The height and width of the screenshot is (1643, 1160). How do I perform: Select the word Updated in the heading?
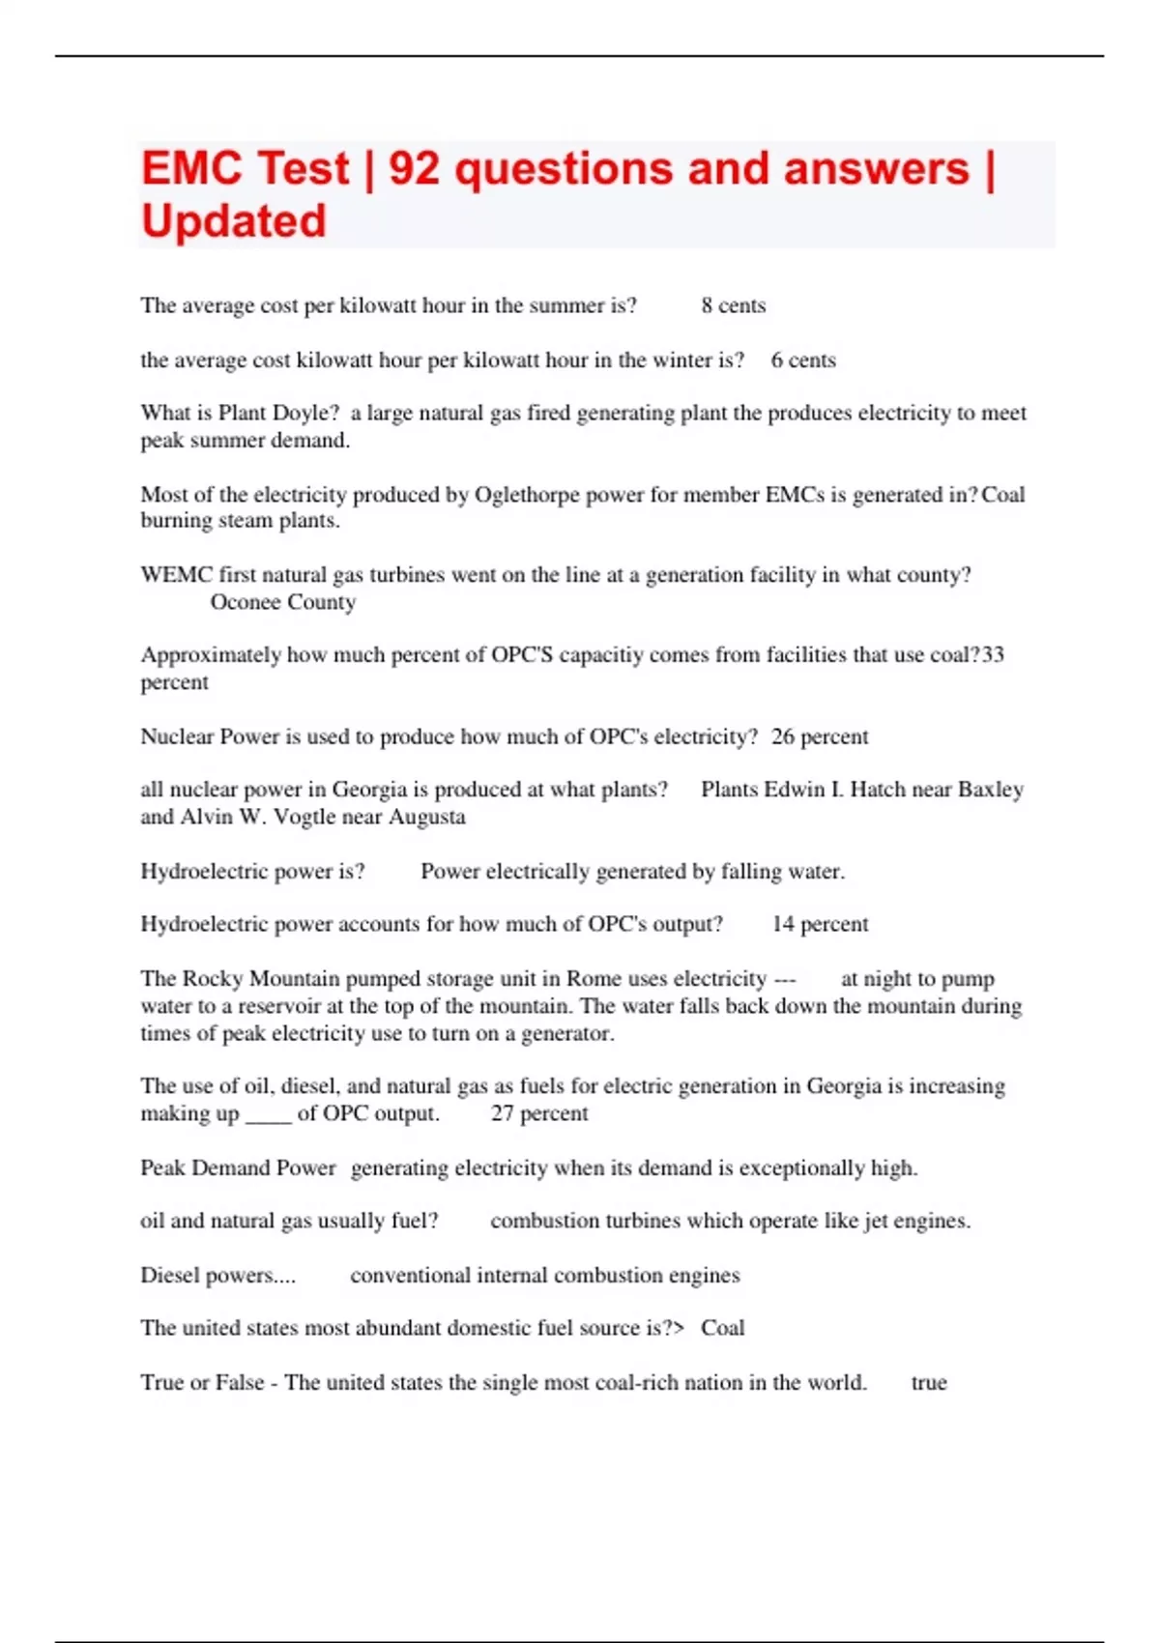[234, 221]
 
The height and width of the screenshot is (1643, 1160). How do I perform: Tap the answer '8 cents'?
[733, 305]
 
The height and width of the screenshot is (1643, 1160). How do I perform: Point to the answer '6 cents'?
[803, 360]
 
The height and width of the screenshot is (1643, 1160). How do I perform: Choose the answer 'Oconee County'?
[283, 602]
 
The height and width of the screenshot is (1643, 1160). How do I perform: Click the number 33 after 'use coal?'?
[993, 654]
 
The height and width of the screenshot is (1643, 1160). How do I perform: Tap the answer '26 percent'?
[820, 736]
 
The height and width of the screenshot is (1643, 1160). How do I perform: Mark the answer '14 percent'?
[820, 924]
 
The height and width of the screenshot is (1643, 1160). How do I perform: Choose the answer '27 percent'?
[539, 1113]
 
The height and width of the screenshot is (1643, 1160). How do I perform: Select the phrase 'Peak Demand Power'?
[238, 1167]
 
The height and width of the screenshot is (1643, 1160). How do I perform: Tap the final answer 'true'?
[929, 1383]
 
